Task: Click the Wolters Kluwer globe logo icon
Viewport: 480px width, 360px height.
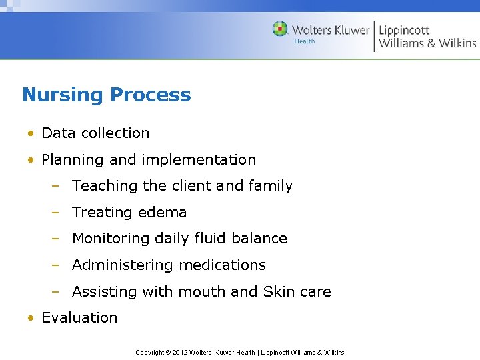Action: click(x=280, y=29)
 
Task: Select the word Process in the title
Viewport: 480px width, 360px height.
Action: click(x=151, y=95)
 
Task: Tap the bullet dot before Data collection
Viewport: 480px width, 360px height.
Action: click(x=31, y=133)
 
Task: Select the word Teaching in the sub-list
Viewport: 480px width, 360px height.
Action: click(x=103, y=186)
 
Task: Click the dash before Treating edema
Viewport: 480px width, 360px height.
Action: click(x=57, y=213)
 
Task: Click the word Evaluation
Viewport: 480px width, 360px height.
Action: click(x=79, y=317)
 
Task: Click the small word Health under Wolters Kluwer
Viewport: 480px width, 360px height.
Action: click(x=305, y=41)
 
